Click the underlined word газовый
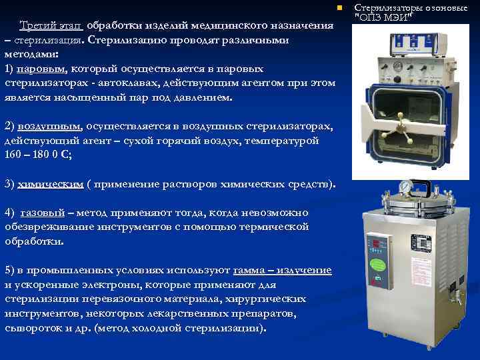click(43, 213)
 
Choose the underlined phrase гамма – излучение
click(282, 270)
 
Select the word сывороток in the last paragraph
click(32, 328)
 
